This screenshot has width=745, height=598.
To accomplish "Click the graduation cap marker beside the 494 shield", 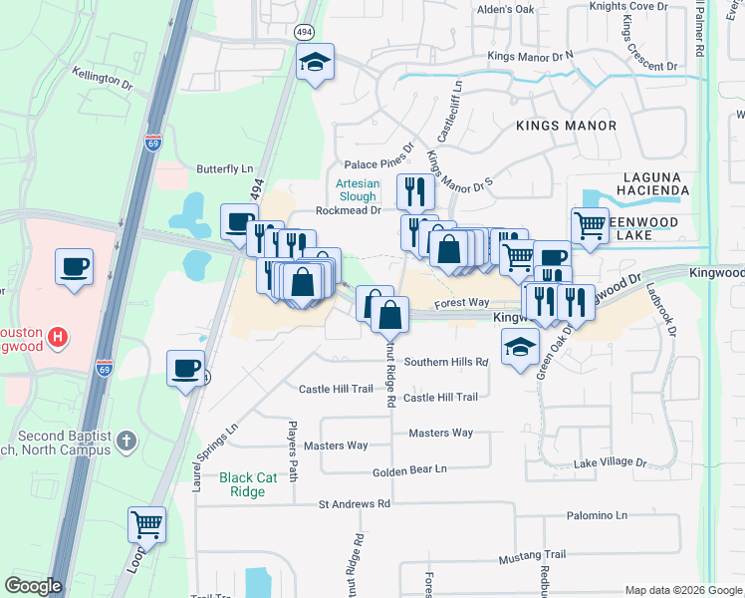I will [315, 64].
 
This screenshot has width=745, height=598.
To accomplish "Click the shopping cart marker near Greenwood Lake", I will [591, 225].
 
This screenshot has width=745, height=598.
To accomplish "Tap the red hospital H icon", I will [59, 337].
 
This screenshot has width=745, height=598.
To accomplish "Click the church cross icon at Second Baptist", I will [126, 440].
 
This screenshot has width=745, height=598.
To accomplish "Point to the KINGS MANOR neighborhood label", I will [566, 126].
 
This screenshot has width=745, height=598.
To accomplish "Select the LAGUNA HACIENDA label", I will [641, 182].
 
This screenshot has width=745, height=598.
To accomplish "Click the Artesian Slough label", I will [356, 189].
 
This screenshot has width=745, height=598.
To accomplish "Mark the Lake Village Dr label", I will [612, 463].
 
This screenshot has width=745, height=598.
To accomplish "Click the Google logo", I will [33, 586].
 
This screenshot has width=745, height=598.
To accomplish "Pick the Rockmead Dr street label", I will [349, 210].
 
